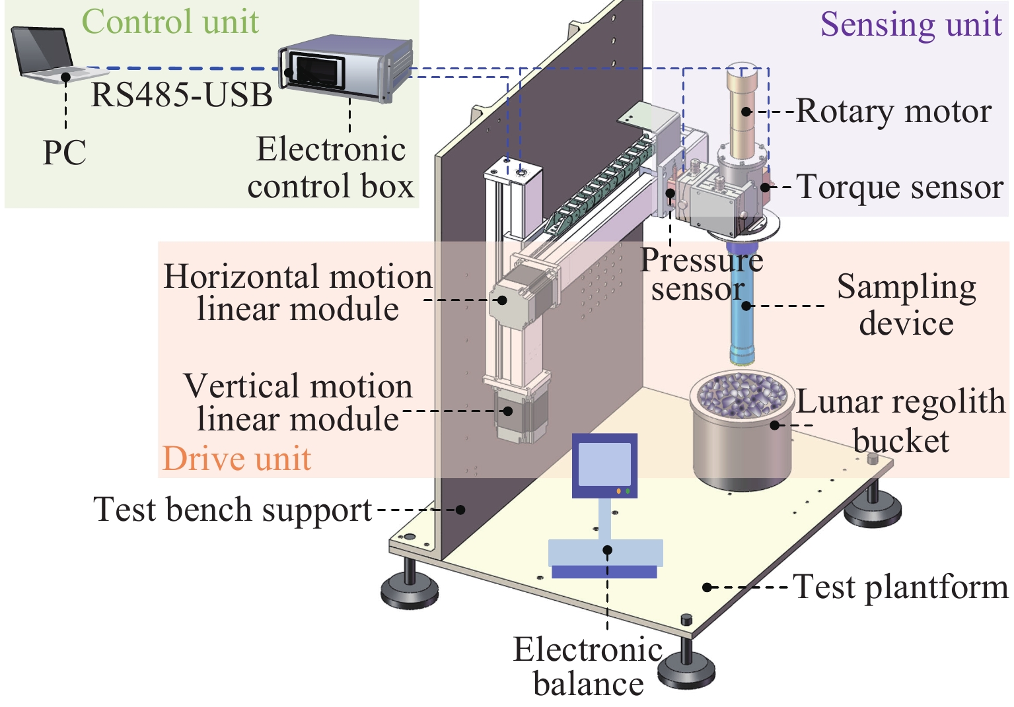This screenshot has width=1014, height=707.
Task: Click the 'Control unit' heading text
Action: [x=170, y=21]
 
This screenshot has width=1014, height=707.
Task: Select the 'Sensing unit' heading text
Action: [x=911, y=24]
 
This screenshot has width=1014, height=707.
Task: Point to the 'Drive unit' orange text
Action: [x=236, y=458]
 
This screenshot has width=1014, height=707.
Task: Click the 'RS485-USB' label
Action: [x=182, y=94]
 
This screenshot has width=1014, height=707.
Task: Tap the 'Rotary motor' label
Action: [x=893, y=112]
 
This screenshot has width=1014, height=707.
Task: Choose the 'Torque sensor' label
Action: [x=900, y=187]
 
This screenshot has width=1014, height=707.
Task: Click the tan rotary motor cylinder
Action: [x=745, y=106]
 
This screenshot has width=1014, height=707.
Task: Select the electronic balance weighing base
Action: [x=605, y=558]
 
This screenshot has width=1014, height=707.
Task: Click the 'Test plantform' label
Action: [x=900, y=587]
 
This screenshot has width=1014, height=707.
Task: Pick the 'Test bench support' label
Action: [x=233, y=510]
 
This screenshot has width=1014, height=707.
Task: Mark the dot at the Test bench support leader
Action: [x=462, y=510]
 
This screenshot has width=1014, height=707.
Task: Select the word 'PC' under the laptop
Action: [x=64, y=153]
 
